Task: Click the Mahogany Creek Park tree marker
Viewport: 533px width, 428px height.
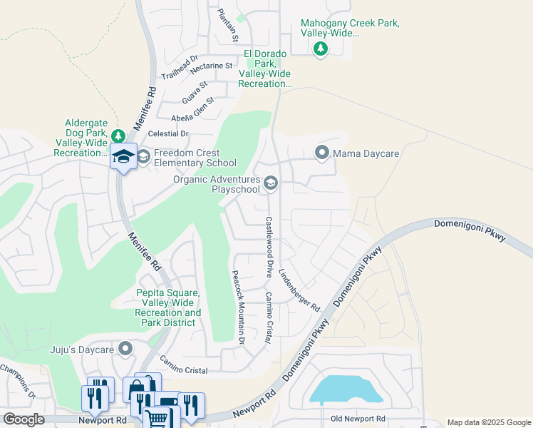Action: (321, 49)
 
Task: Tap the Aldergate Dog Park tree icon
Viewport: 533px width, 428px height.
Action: (118, 136)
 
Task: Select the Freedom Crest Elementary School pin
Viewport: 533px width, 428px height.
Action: (143, 156)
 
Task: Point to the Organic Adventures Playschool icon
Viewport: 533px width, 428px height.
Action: (271, 184)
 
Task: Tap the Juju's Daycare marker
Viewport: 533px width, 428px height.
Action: (126, 349)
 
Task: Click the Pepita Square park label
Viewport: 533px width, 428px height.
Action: (169, 307)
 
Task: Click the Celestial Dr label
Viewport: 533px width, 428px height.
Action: (168, 133)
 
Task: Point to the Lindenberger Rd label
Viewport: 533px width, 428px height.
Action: (299, 290)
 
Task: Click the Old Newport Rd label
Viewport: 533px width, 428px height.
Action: (358, 418)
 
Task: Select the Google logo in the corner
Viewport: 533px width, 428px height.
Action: (24, 419)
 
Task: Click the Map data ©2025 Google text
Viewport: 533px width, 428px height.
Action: (489, 422)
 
